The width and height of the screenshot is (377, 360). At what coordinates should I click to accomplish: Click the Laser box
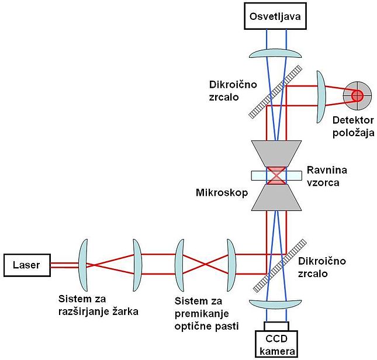click(x=26, y=265)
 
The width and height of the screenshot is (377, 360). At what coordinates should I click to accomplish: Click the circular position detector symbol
click(x=356, y=95)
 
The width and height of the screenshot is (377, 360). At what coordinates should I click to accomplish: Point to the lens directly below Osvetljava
click(x=276, y=53)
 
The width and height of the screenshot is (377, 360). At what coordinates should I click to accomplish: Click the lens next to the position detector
click(x=320, y=95)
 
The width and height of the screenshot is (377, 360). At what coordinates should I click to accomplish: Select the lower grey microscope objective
click(x=276, y=197)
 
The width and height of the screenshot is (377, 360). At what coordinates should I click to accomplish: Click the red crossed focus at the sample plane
click(x=276, y=175)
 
